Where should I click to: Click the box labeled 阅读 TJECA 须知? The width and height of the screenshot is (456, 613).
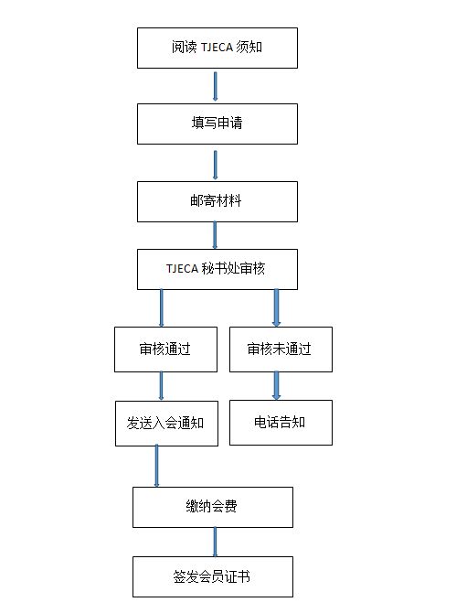click(217, 48)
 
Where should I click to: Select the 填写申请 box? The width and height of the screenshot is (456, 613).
click(217, 124)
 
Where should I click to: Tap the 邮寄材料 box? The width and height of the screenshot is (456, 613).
click(217, 201)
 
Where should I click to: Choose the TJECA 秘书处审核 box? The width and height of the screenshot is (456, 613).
click(217, 269)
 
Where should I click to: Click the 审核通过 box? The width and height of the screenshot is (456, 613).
click(165, 350)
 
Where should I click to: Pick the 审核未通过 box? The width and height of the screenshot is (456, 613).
click(281, 350)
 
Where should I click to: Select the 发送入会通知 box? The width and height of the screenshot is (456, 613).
click(166, 424)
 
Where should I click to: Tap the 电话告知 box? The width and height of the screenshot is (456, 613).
click(281, 423)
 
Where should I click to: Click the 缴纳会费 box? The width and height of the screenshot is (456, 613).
click(213, 508)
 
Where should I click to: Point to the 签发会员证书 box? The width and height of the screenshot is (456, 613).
click(213, 577)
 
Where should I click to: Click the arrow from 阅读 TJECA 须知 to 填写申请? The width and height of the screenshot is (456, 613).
click(215, 86)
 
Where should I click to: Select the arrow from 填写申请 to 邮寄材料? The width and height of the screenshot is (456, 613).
click(215, 166)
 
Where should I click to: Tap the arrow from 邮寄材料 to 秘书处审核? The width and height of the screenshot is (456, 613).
click(215, 235)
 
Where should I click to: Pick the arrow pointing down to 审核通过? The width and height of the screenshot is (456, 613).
click(161, 308)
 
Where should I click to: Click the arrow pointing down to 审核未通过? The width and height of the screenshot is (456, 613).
click(276, 308)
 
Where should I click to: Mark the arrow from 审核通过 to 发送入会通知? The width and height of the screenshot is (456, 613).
click(161, 386)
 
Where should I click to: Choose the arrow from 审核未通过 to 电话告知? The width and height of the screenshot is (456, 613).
click(276, 385)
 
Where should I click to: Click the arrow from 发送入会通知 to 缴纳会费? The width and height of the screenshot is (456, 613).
click(156, 466)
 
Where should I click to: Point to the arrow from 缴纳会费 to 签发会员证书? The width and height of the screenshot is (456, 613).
click(215, 543)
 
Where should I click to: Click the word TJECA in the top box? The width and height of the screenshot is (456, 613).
click(217, 48)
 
